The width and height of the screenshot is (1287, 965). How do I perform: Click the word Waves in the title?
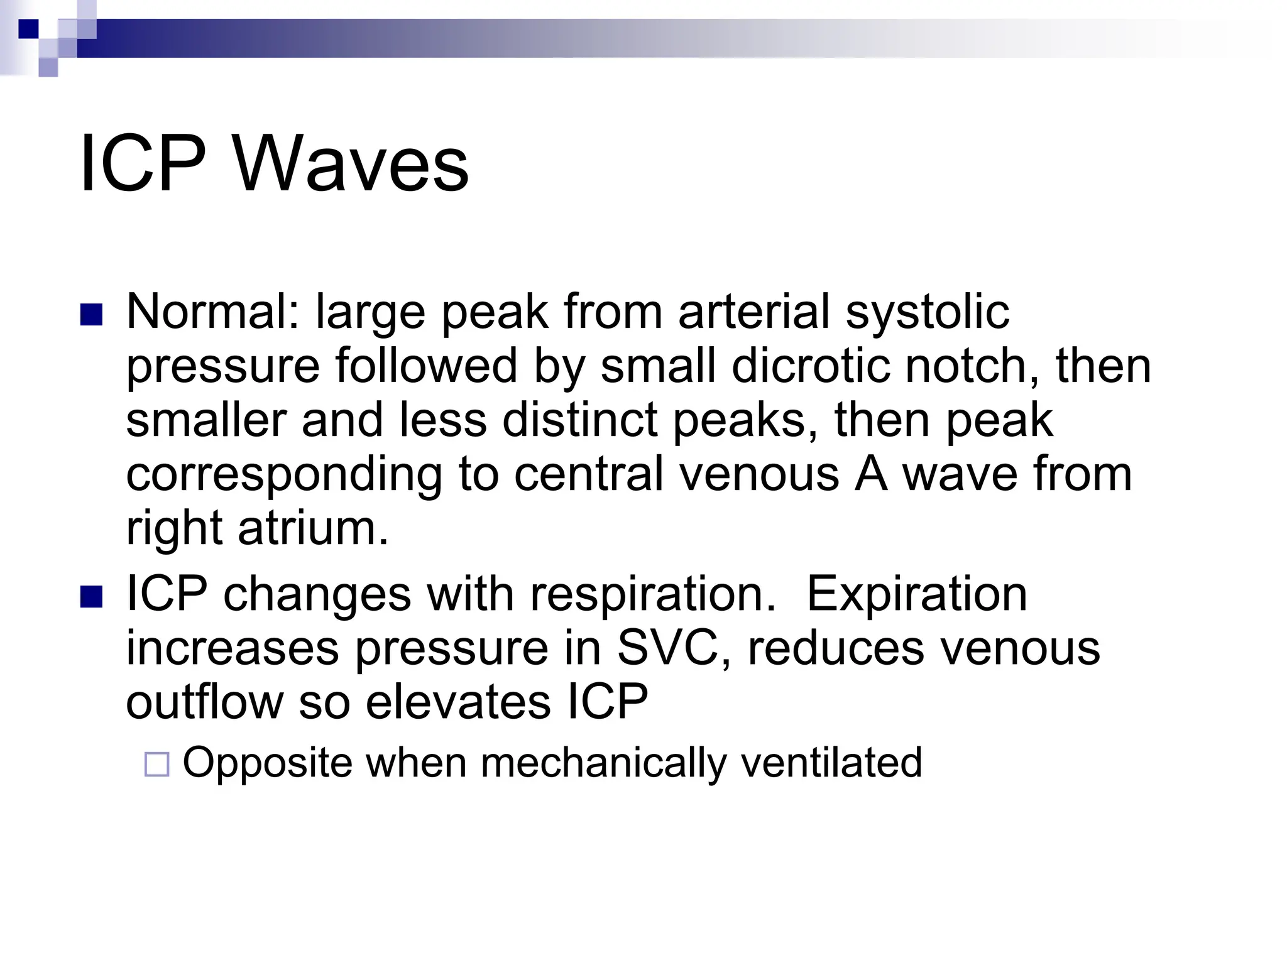(351, 164)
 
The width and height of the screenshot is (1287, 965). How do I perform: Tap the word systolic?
(927, 312)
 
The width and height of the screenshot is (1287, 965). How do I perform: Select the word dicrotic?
(810, 366)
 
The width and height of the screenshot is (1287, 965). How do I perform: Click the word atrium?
(313, 528)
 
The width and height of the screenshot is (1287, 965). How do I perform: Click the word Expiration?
(916, 594)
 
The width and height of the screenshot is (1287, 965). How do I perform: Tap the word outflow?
(204, 702)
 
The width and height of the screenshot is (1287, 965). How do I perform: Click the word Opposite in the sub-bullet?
(267, 763)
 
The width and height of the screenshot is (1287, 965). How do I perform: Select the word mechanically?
(603, 763)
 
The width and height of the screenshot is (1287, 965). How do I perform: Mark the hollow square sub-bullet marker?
(156, 765)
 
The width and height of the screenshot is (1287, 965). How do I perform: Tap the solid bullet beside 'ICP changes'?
(92, 597)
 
